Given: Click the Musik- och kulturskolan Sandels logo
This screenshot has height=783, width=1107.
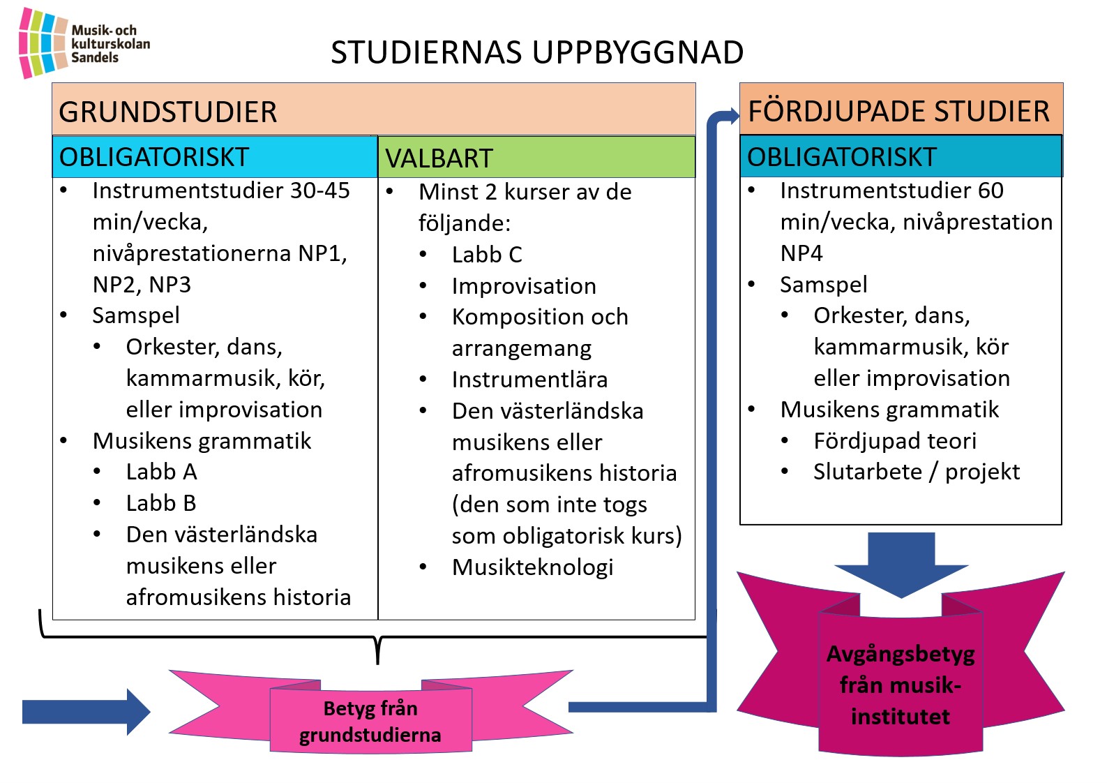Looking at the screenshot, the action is pyautogui.click(x=84, y=43).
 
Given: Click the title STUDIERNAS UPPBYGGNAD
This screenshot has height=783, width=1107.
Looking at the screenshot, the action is pyautogui.click(x=537, y=52).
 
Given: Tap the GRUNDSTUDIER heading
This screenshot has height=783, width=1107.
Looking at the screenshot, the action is pyautogui.click(x=167, y=112).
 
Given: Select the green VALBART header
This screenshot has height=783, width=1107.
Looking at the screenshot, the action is pyautogui.click(x=536, y=157).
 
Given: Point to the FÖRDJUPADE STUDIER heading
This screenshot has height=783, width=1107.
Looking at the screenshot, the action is pyautogui.click(x=898, y=111).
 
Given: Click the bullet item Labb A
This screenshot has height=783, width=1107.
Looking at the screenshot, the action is pyautogui.click(x=162, y=472).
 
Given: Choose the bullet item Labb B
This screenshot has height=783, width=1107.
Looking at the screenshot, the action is pyautogui.click(x=161, y=503).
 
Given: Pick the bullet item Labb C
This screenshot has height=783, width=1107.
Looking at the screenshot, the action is pyautogui.click(x=487, y=255).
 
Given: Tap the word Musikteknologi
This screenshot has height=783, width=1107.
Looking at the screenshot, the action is pyautogui.click(x=533, y=567).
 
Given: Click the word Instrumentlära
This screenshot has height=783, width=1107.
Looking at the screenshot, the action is pyautogui.click(x=529, y=380).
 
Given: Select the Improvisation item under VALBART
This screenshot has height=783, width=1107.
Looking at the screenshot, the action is pyautogui.click(x=524, y=286).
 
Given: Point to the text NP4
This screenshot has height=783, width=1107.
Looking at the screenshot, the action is pyautogui.click(x=801, y=253).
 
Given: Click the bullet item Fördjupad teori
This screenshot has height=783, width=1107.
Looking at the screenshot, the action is pyautogui.click(x=895, y=440).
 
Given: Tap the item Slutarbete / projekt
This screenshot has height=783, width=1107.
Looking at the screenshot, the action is pyautogui.click(x=917, y=472).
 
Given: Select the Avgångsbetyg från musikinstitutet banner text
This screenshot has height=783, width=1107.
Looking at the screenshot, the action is pyautogui.click(x=901, y=685).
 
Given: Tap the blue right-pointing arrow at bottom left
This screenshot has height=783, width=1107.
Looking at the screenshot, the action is pyautogui.click(x=86, y=712).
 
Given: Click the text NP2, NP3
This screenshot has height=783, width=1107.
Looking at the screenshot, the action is pyautogui.click(x=142, y=285).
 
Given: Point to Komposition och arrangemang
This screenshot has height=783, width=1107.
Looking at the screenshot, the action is pyautogui.click(x=540, y=332).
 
